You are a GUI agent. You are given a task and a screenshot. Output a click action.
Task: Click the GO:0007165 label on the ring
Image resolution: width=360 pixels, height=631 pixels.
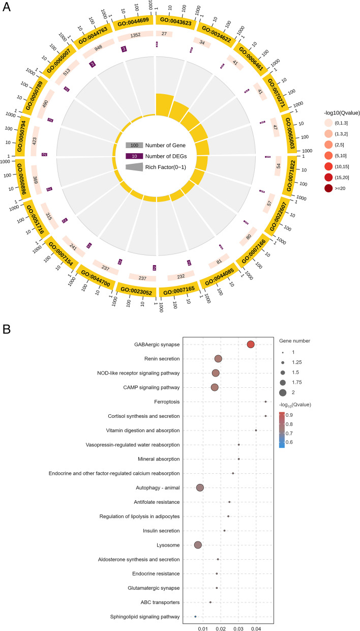point(181,293)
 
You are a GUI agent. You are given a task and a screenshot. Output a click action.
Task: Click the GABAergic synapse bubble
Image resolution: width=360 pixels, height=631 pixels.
point(251,345)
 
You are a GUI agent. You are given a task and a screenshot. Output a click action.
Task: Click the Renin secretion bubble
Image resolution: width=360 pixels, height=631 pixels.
point(218,359)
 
